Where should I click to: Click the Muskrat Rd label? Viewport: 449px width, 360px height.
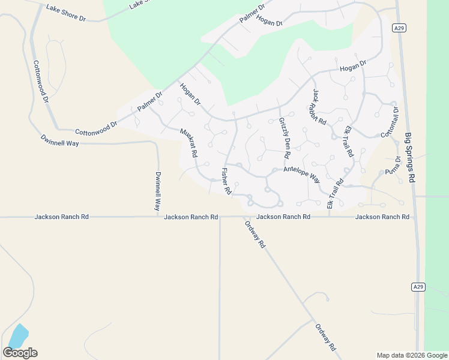click(189, 143)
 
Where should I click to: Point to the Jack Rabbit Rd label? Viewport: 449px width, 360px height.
click(319, 107)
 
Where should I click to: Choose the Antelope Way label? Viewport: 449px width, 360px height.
click(302, 175)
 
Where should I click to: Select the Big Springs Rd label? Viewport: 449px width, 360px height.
click(410, 158)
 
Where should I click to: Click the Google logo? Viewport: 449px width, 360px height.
click(20, 353)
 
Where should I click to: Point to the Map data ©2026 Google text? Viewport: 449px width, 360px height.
click(412, 355)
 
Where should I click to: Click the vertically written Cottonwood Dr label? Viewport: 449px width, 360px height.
click(40, 82)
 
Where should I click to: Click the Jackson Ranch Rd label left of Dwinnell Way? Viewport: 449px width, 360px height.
click(62, 217)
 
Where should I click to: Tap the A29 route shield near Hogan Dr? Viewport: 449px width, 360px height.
click(399, 28)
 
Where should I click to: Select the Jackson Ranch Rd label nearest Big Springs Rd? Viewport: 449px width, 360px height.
click(382, 217)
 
